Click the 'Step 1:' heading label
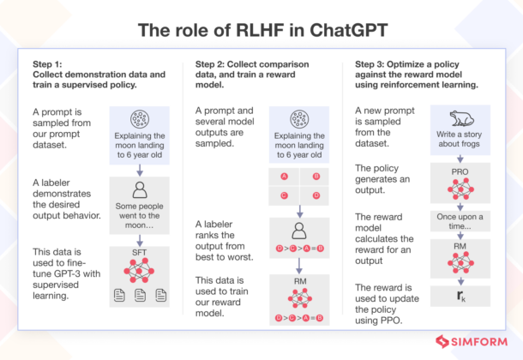click(x=47, y=66)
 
